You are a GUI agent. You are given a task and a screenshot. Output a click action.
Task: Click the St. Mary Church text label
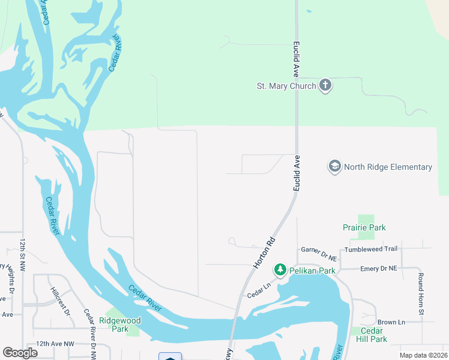click(x=286, y=86)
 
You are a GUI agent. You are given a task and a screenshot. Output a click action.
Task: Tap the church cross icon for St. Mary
click(x=325, y=85)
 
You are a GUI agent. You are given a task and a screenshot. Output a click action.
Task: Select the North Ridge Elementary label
click(x=388, y=167)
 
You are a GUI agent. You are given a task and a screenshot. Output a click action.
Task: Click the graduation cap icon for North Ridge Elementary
click(x=334, y=166)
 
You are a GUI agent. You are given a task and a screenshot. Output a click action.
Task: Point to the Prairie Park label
click(x=364, y=227)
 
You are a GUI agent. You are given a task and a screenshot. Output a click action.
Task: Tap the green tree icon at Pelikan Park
click(x=280, y=271)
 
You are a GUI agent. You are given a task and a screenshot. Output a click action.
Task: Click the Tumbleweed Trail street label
click(x=370, y=249)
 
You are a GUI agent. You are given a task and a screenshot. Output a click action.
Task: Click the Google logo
click(x=20, y=353)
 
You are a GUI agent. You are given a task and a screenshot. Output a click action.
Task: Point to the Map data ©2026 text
click(x=423, y=355)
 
